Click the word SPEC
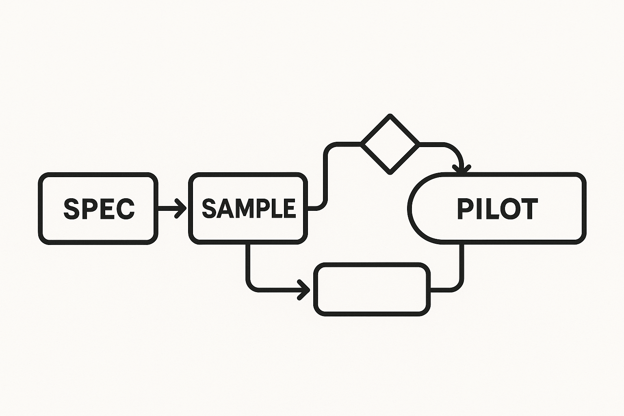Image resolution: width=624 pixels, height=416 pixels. (x=99, y=209)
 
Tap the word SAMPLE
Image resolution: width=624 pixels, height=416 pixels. (x=248, y=209)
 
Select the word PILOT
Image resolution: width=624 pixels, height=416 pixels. (x=497, y=209)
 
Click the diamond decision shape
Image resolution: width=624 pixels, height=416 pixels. (x=390, y=144)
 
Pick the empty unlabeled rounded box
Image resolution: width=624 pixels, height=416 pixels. (x=372, y=289)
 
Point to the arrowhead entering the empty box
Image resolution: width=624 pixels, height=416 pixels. (x=304, y=290)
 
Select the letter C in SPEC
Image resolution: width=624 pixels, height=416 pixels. (x=126, y=209)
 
